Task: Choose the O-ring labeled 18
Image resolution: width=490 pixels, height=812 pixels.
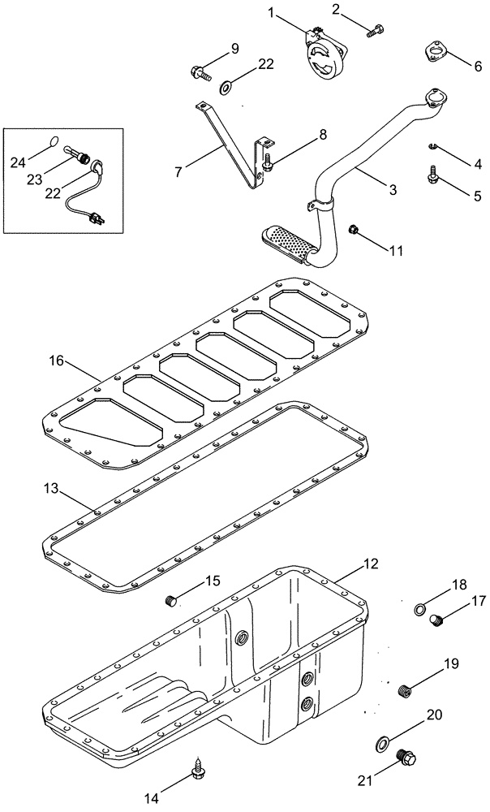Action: [420, 609]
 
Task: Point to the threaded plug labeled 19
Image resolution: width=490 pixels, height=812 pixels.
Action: [406, 691]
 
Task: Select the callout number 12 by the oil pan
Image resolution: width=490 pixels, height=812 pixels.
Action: [371, 563]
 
